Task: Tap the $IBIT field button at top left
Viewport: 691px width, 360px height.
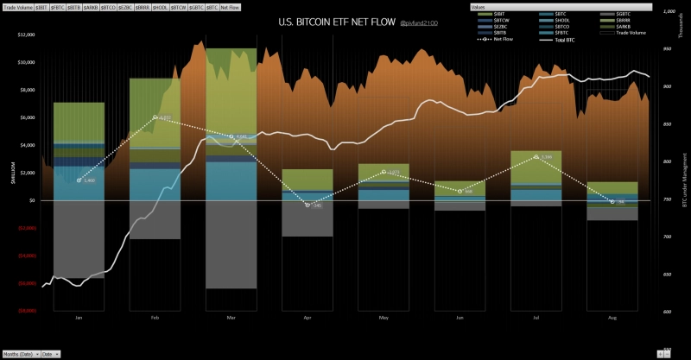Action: click(41, 6)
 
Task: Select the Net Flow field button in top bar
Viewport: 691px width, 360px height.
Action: click(231, 6)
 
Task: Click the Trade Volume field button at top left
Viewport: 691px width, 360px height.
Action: click(16, 6)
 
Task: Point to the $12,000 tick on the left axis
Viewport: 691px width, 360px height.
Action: click(24, 35)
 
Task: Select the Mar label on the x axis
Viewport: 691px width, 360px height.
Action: click(231, 318)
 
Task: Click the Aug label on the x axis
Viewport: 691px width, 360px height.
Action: click(612, 318)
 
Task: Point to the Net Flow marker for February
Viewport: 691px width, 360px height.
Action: click(155, 117)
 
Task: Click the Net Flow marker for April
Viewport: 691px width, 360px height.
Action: click(307, 205)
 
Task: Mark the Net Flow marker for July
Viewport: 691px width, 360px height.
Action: click(536, 157)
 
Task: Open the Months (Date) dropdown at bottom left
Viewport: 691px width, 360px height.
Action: click(19, 354)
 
